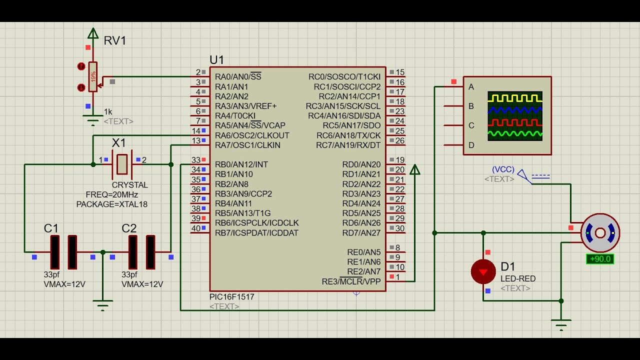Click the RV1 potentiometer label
[115, 40]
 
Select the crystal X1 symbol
[122, 164]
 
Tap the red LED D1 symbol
[483, 271]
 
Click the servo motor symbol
[600, 233]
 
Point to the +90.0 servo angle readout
[599, 259]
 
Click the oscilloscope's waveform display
[515, 115]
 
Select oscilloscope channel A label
[471, 87]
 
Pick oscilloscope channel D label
[471, 145]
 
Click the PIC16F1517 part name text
[232, 297]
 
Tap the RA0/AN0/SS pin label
[238, 77]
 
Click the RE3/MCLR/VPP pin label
[351, 281]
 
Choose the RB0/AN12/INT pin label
[241, 164]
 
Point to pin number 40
[196, 228]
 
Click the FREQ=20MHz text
[112, 194]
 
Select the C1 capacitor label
[51, 228]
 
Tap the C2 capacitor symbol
[141, 252]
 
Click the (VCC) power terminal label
[503, 169]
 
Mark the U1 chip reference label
[217, 60]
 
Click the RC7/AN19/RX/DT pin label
[348, 145]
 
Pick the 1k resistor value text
[108, 111]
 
